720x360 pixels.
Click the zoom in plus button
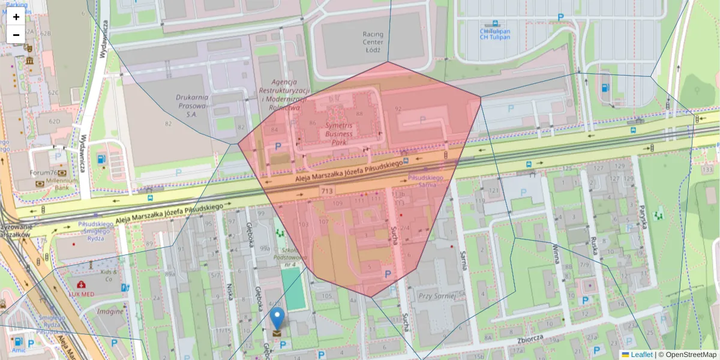click(x=16, y=17)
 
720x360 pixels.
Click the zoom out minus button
click(x=16, y=35)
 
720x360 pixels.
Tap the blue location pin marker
click(x=277, y=319)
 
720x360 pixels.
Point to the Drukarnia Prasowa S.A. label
click(x=191, y=105)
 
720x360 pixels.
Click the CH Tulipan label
click(x=494, y=34)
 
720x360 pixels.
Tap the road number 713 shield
click(x=327, y=191)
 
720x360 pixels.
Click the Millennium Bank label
click(x=63, y=184)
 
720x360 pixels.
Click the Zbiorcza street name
click(x=529, y=339)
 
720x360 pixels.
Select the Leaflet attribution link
click(x=641, y=355)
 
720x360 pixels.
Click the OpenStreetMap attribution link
click(x=691, y=355)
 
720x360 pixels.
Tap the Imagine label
click(x=110, y=311)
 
